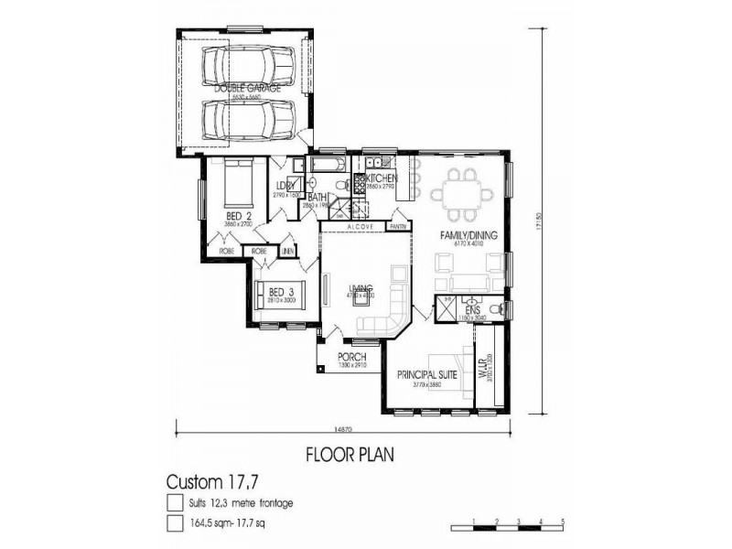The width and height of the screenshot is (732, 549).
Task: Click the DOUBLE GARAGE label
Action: pyautogui.click(x=247, y=89)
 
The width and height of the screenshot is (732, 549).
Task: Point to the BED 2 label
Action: pyautogui.click(x=239, y=216)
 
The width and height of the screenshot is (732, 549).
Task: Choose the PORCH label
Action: pyautogui.click(x=351, y=357)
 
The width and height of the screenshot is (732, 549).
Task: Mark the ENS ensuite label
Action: pyautogui.click(x=473, y=311)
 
